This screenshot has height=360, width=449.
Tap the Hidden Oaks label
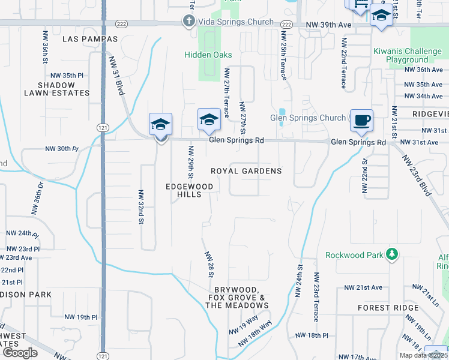[x=208, y=54]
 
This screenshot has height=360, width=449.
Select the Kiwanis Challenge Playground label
[x=408, y=56]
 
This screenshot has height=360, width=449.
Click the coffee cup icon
[x=362, y=120]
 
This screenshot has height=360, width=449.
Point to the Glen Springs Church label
[x=308, y=118]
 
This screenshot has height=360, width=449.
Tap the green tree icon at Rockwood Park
[x=392, y=254]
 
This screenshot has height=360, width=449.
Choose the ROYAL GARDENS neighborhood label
[x=246, y=171]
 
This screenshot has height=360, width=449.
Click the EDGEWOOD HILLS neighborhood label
[x=190, y=191]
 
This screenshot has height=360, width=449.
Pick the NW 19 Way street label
[x=243, y=325]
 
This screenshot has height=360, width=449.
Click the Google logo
[x=20, y=353]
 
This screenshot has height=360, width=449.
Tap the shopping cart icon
[x=359, y=4]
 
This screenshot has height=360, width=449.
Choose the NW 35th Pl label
[x=67, y=75]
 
